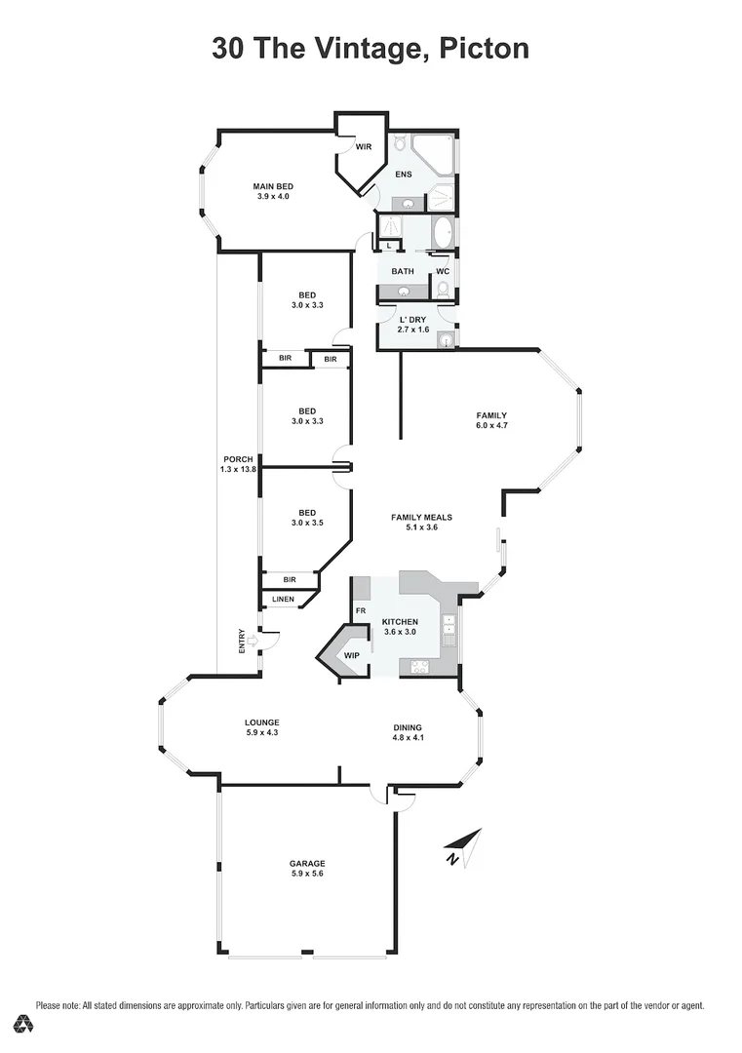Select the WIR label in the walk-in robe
(363, 147)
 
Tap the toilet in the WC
(443, 289)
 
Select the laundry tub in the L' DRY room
(445, 339)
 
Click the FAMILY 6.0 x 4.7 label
(490, 420)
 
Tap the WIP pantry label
(351, 655)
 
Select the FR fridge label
(360, 611)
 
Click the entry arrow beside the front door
(253, 641)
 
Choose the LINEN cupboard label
(283, 599)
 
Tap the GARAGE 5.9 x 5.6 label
(307, 869)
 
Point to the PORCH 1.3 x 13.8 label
(238, 464)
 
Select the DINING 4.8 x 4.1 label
(408, 732)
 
